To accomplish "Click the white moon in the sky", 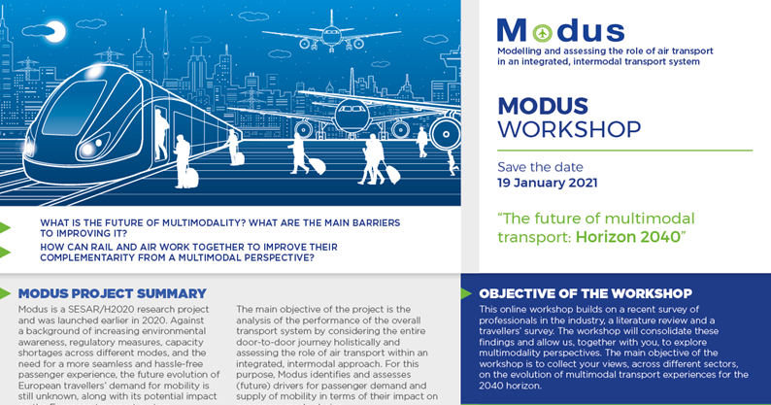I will pos(56,32).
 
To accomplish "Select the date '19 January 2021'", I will pos(547,183).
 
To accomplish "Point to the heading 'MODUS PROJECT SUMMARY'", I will pos(112,293).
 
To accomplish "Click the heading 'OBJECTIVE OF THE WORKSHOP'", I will pos(585,293).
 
